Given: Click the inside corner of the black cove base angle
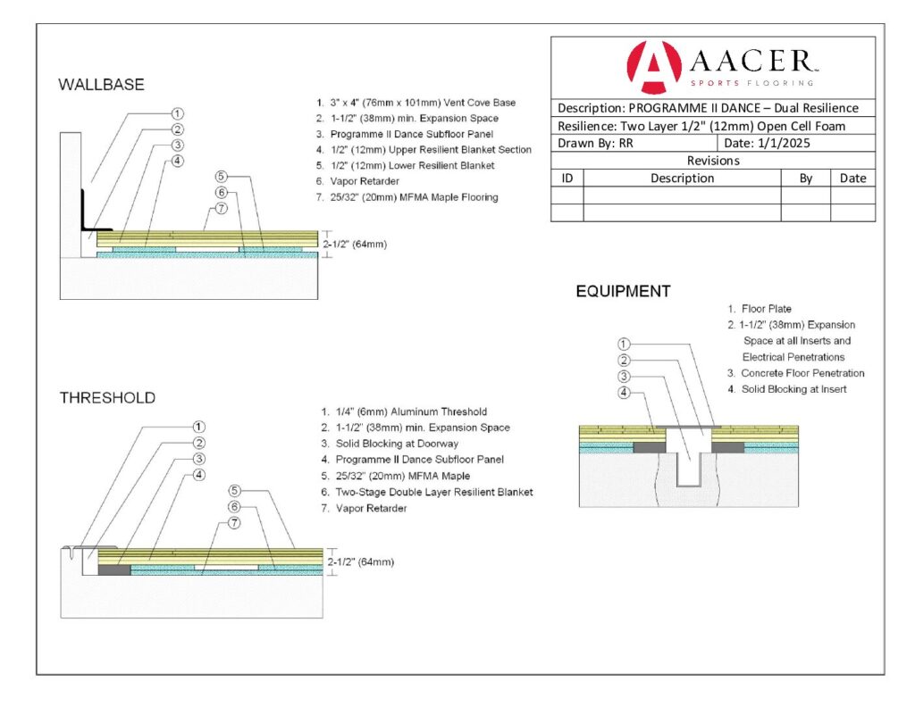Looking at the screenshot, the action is pos(83,228).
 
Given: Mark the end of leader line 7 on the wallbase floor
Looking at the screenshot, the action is pos(203,229).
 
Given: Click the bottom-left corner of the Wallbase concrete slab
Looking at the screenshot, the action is pos(60,299).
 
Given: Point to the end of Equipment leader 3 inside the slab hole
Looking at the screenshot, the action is pos(690,461).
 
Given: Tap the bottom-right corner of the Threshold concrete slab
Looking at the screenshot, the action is pos(323,618).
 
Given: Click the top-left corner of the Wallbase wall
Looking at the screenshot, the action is pos(60,133).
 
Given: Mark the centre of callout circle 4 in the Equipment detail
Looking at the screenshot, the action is pos(624,393).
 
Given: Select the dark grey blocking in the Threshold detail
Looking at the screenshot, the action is pos(114,569).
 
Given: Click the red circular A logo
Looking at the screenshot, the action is pos(653,67).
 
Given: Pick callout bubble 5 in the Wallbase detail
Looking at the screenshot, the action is pos(221,176).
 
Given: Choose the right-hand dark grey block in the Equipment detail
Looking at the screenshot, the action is pos(727,448).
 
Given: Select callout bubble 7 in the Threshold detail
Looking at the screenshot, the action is pos(234,522).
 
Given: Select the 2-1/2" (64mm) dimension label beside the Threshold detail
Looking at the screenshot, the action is pos(360,562).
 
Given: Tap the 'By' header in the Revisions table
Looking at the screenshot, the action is pos(805,179).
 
